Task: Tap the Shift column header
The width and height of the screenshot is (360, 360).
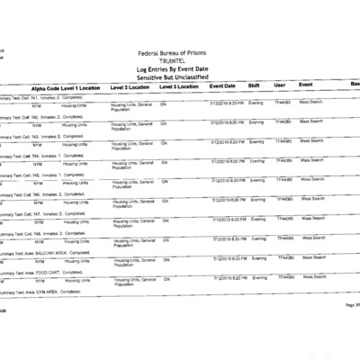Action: click(x=255, y=85)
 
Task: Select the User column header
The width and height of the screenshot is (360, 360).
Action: click(x=279, y=85)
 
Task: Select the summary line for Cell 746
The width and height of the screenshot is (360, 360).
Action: click(x=40, y=194)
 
